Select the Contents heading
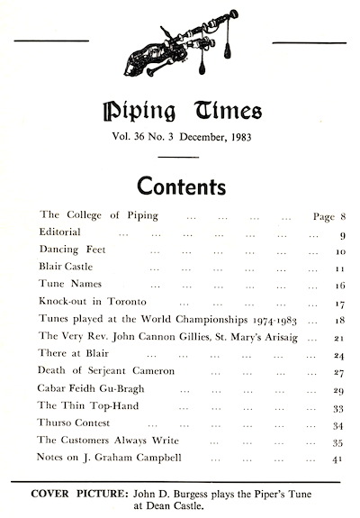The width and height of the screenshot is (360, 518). (x=181, y=186)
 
